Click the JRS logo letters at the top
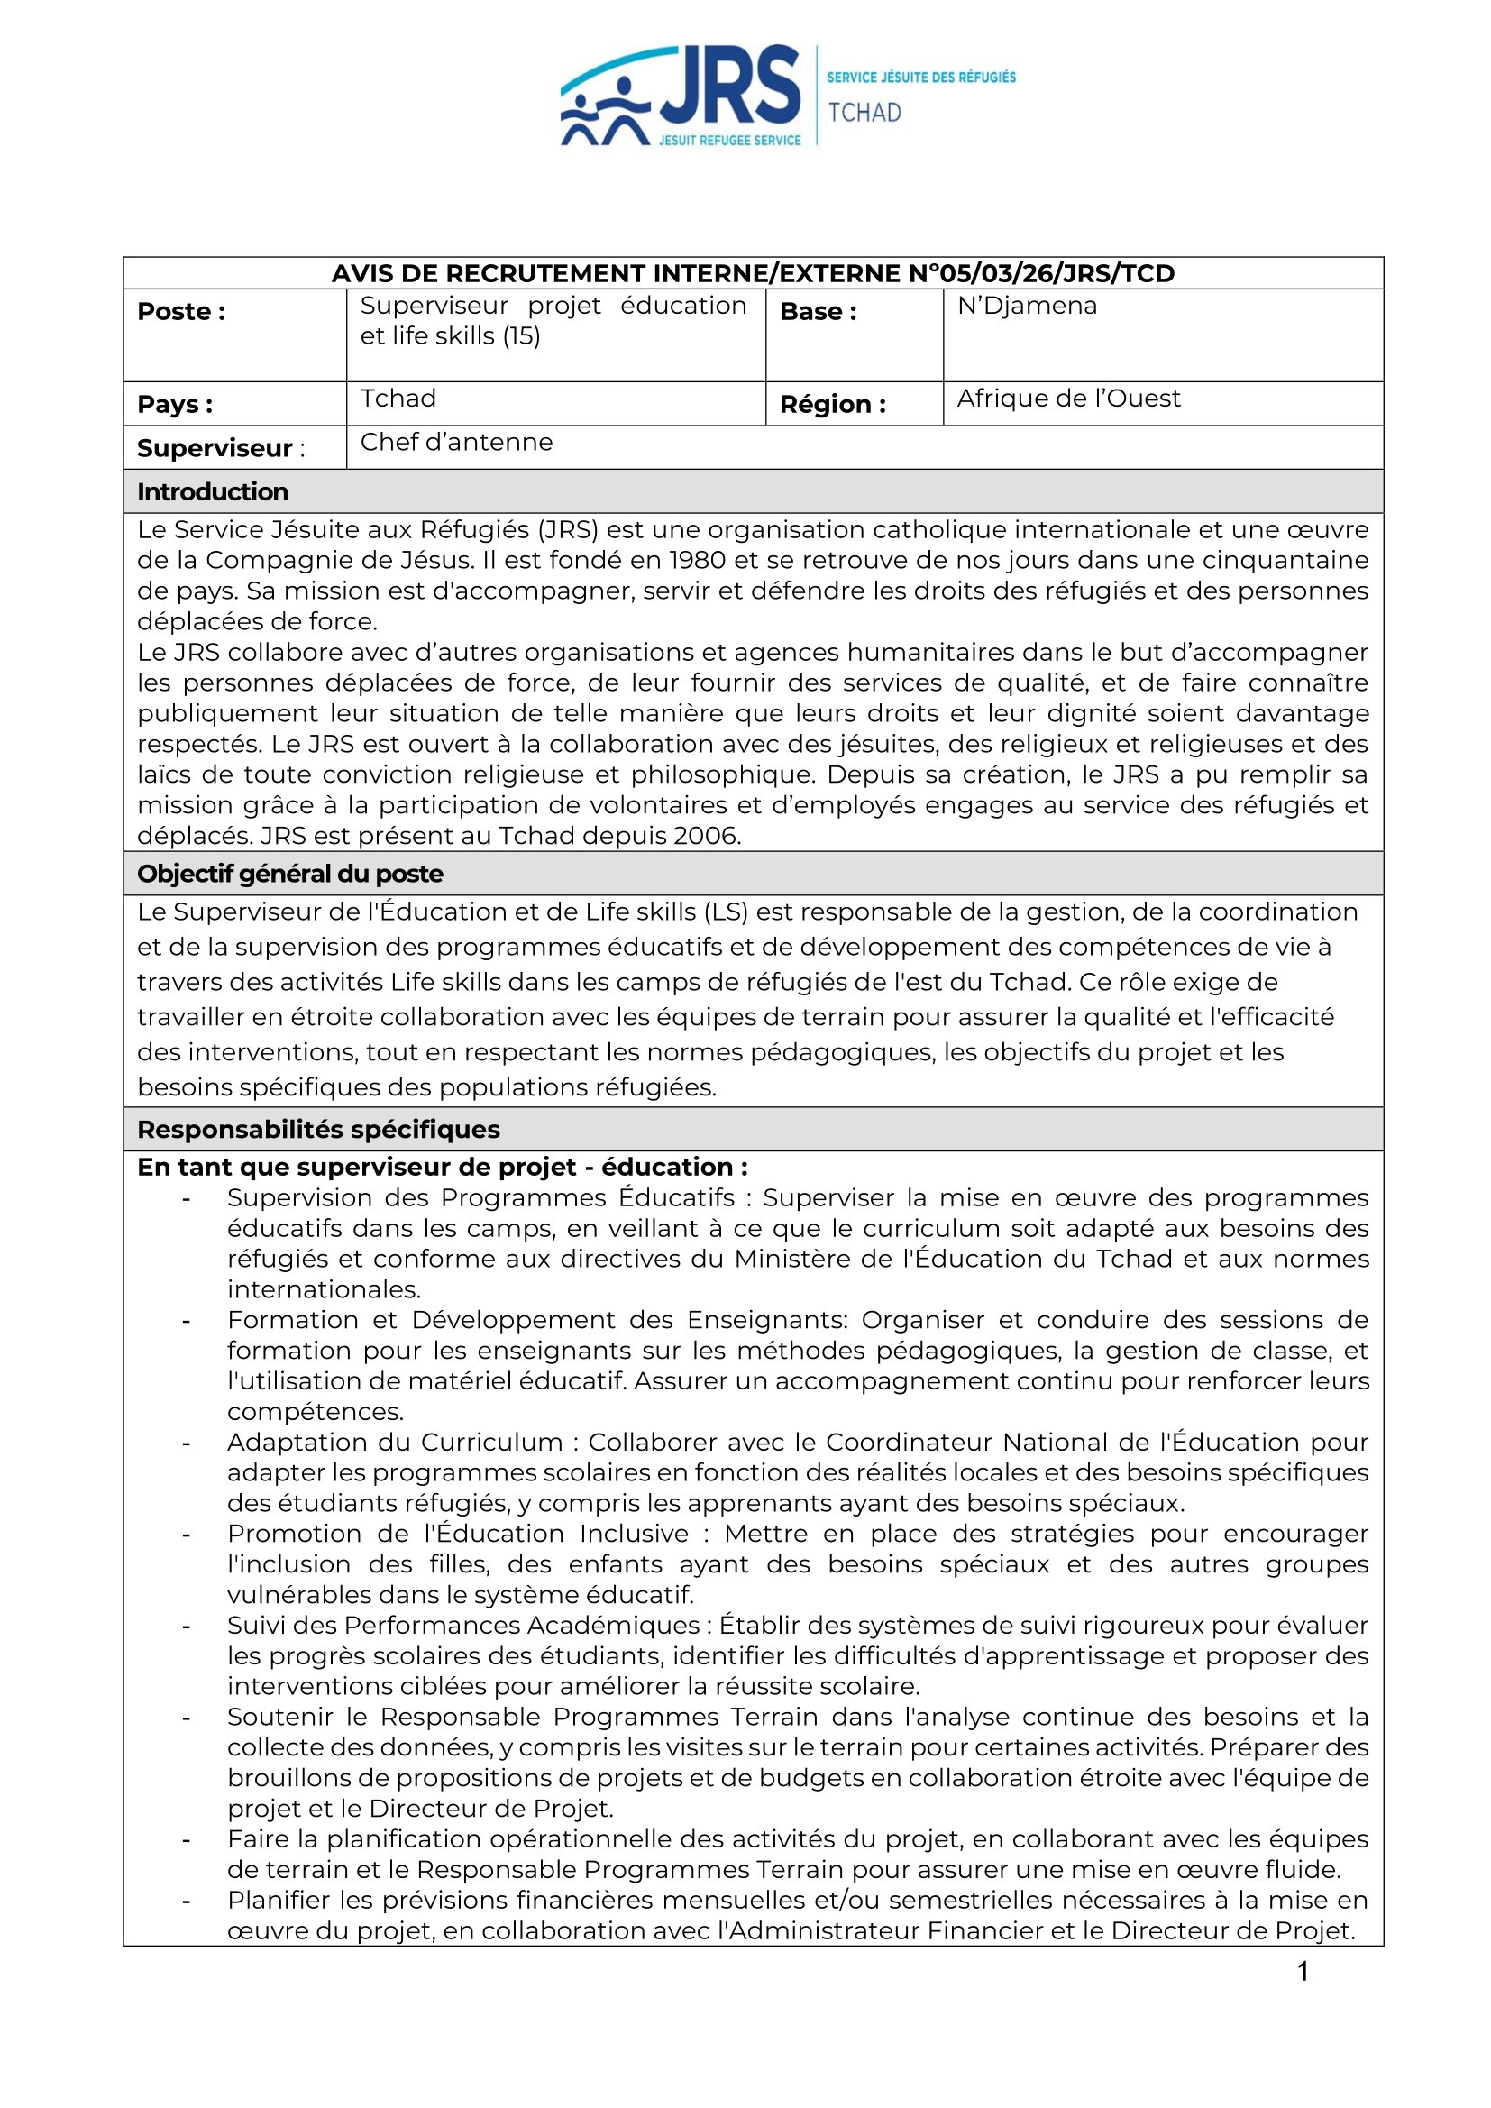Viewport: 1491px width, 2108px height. point(730,85)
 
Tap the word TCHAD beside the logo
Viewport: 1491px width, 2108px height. point(864,112)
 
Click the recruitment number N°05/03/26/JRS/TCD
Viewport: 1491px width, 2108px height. point(1041,273)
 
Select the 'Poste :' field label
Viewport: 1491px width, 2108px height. point(181,312)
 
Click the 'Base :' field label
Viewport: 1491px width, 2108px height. point(818,312)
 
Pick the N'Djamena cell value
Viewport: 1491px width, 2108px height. point(1027,306)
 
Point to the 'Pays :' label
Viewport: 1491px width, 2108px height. point(175,404)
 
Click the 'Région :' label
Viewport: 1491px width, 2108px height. point(832,404)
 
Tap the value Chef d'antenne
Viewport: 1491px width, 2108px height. point(456,443)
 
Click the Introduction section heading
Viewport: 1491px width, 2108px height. point(212,492)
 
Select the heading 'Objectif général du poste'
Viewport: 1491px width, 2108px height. point(289,874)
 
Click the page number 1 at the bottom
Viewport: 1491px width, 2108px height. point(1303,1971)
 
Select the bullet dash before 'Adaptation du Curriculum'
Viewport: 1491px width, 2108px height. point(187,1444)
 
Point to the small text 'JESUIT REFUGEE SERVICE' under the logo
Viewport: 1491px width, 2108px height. point(729,141)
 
